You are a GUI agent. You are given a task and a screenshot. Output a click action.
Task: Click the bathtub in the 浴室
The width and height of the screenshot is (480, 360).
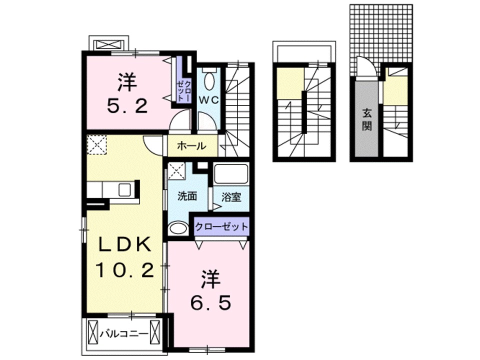tap(231, 175)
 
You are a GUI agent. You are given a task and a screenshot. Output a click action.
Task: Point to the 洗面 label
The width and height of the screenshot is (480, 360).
tap(187, 196)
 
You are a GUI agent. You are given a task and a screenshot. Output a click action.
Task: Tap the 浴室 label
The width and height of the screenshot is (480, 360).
tap(231, 196)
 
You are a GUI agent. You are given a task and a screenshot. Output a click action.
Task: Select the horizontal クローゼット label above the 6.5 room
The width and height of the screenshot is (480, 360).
tap(221, 226)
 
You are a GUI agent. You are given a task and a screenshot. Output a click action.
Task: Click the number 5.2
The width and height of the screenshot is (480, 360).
tap(126, 105)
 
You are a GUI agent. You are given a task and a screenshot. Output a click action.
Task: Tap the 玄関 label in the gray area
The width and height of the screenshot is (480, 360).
tap(367, 120)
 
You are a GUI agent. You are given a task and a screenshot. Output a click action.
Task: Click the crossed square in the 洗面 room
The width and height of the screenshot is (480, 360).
tap(176, 170)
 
